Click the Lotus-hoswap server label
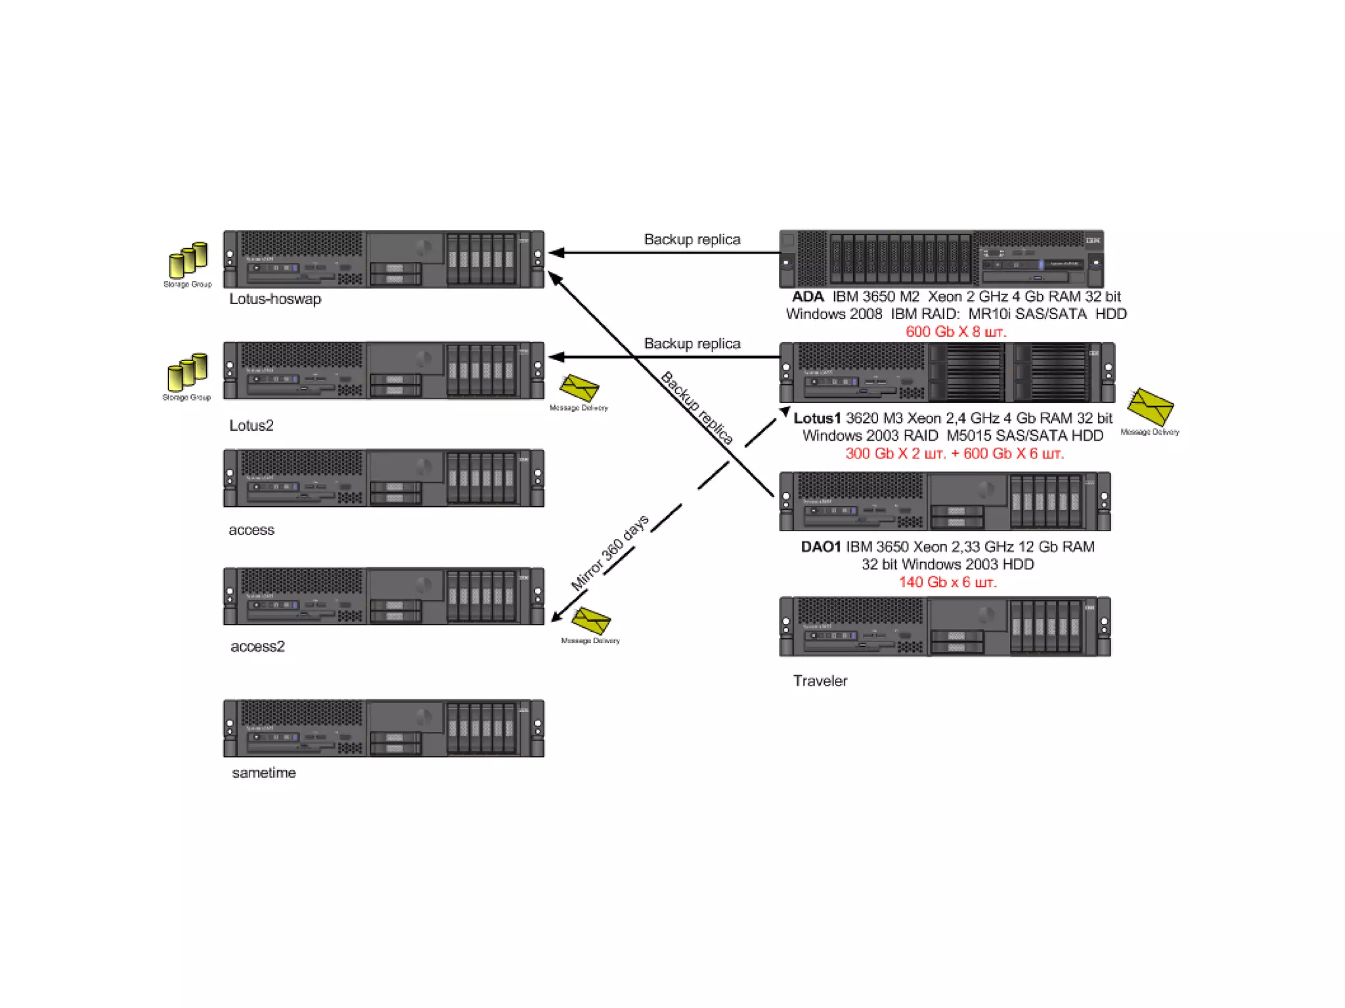275,299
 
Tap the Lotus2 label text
251,426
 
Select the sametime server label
263,773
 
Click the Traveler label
820,681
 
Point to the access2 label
257,647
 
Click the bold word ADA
807,297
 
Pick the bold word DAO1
820,547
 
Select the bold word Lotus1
816,418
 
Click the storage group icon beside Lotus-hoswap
188,260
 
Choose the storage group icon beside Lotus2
188,372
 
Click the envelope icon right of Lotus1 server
1150,406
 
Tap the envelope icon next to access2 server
590,621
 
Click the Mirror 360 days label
609,552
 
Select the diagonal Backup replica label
697,408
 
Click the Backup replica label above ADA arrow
692,240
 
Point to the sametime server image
384,728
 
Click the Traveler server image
944,626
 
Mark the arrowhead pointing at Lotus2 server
556,357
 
